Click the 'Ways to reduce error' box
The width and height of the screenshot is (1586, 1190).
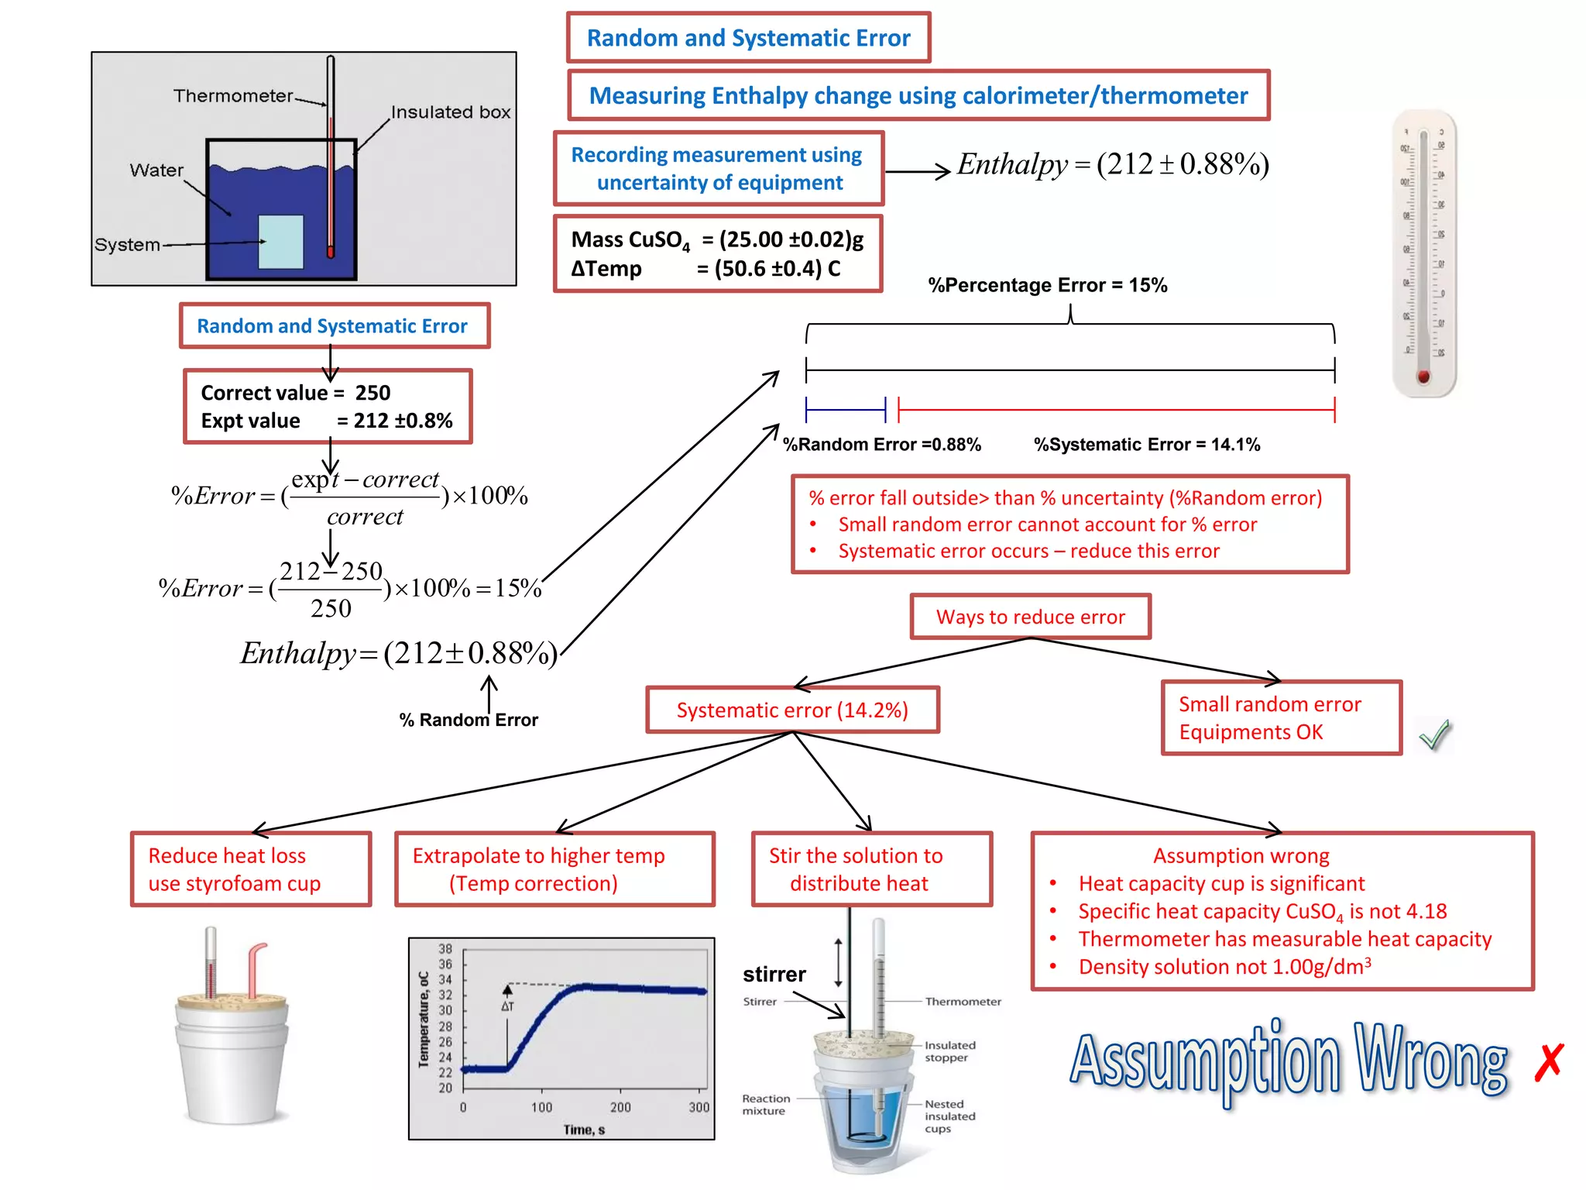pyautogui.click(x=1030, y=617)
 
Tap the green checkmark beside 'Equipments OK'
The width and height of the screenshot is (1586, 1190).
pyautogui.click(x=1435, y=734)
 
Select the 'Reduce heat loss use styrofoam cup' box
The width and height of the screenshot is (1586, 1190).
pyautogui.click(x=250, y=869)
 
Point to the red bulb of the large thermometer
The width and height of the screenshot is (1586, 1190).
pyautogui.click(x=1423, y=377)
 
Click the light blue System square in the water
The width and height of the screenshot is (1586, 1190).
pyautogui.click(x=280, y=242)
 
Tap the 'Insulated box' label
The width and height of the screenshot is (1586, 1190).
pyautogui.click(x=450, y=112)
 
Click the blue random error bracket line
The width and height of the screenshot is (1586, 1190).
pyautogui.click(x=845, y=409)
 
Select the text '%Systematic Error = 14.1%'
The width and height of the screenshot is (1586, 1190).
pyautogui.click(x=1146, y=445)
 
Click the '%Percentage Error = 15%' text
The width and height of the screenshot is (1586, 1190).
pyautogui.click(x=1047, y=285)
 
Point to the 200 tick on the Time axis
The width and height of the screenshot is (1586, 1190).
pyautogui.click(x=620, y=1107)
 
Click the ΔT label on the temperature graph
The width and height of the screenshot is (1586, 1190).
pyautogui.click(x=507, y=1006)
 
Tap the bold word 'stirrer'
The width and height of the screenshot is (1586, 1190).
pyautogui.click(x=774, y=974)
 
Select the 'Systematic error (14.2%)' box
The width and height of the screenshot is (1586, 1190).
pyautogui.click(x=792, y=710)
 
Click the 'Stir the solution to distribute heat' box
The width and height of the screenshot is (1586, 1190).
pyautogui.click(x=871, y=869)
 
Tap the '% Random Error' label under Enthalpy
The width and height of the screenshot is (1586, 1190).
pyautogui.click(x=469, y=720)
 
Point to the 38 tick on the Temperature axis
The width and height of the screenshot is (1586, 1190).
pyautogui.click(x=445, y=949)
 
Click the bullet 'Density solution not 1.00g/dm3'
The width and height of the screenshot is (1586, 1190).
pyautogui.click(x=1224, y=967)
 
